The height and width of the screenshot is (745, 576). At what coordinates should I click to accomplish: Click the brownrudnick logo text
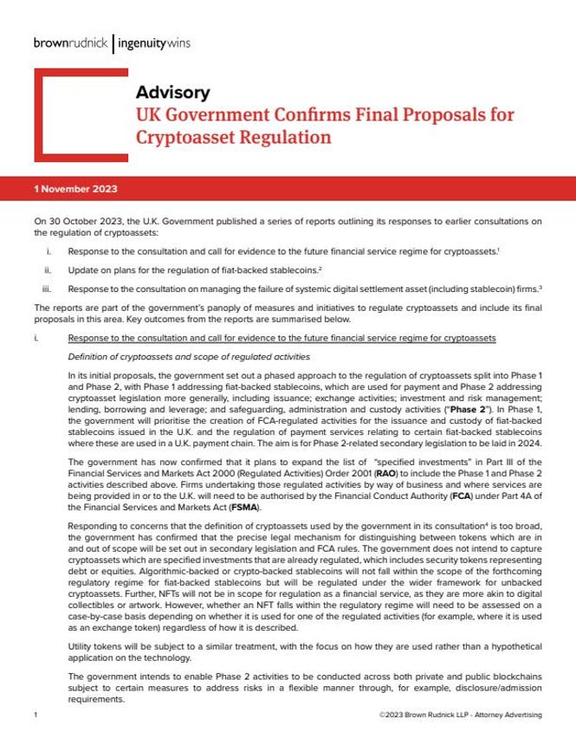(72, 42)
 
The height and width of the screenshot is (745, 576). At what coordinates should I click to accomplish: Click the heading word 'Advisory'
(172, 92)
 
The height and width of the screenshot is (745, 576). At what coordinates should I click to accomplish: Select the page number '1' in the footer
(34, 716)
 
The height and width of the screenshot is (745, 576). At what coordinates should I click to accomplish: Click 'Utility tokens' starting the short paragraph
(94, 648)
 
